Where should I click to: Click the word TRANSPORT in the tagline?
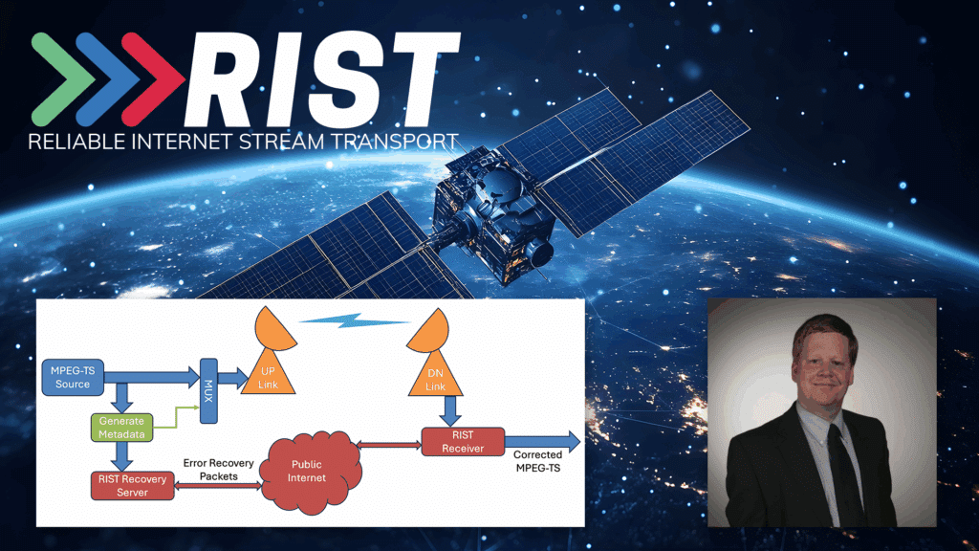(x=395, y=142)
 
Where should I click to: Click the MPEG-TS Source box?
(x=73, y=377)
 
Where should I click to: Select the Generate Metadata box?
(x=121, y=428)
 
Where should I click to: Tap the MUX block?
(x=208, y=390)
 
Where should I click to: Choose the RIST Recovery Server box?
(x=132, y=485)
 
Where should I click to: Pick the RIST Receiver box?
(x=463, y=442)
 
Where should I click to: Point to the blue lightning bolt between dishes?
(x=354, y=320)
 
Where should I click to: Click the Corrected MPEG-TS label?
(x=537, y=461)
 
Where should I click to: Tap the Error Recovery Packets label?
(x=219, y=469)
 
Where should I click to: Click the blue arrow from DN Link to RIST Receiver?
(x=449, y=411)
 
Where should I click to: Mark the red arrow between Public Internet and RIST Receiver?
(x=389, y=446)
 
